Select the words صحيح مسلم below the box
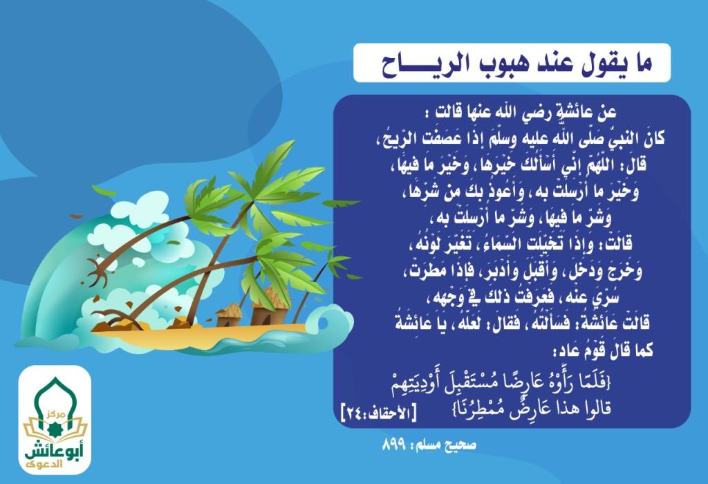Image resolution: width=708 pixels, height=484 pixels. click(x=451, y=445)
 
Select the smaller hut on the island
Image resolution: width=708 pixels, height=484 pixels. click(x=229, y=315)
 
